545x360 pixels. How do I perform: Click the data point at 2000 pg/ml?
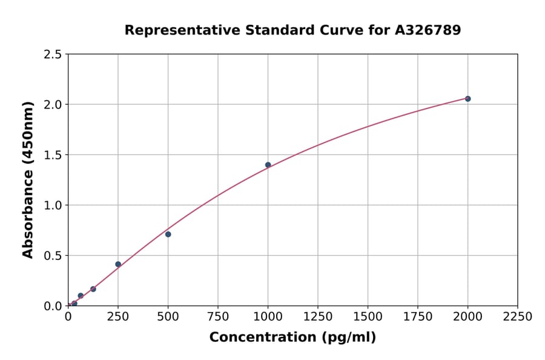click(x=467, y=99)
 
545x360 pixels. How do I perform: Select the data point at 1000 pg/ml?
click(x=268, y=165)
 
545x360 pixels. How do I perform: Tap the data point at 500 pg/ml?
click(x=168, y=234)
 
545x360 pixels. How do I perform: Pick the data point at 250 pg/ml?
click(x=118, y=264)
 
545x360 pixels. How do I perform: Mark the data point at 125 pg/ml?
click(x=93, y=289)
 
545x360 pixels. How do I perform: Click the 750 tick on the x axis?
click(x=218, y=316)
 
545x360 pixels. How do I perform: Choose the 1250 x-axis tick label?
click(x=318, y=316)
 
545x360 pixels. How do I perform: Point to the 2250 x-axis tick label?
click(x=518, y=316)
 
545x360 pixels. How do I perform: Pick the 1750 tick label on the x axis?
click(x=418, y=316)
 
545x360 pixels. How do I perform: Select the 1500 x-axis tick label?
click(x=368, y=316)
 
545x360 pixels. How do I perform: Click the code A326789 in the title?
click(x=429, y=30)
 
